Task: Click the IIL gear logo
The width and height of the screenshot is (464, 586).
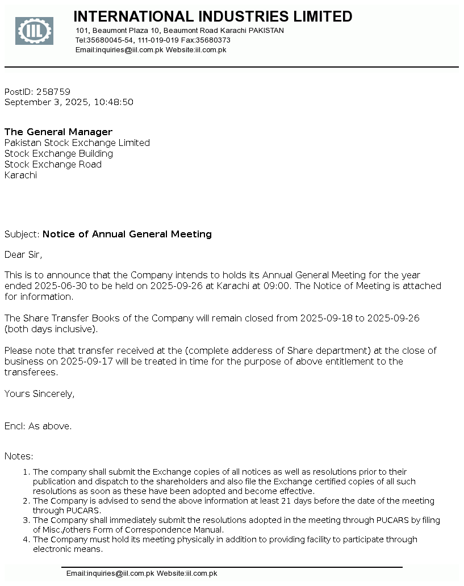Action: click(34, 31)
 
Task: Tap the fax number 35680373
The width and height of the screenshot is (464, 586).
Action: click(213, 40)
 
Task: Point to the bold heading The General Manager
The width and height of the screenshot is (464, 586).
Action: click(58, 132)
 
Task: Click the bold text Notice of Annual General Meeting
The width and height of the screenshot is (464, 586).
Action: click(127, 234)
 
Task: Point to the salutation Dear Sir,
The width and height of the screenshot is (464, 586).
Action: click(23, 254)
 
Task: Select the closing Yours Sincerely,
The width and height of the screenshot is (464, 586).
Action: click(39, 394)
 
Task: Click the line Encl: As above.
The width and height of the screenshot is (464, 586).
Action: click(38, 426)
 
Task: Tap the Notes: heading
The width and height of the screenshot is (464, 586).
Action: click(19, 456)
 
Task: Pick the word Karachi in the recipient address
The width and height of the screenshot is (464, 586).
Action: click(20, 175)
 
